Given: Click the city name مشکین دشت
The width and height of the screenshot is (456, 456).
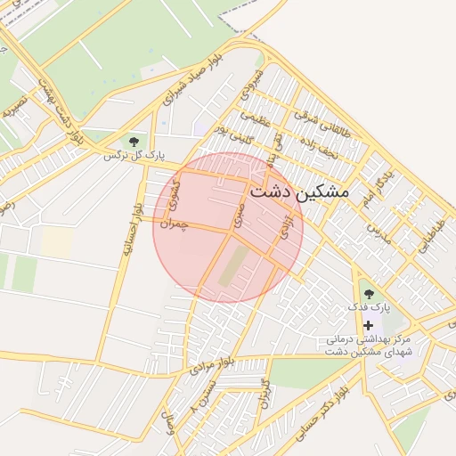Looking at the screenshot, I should pyautogui.click(x=300, y=191).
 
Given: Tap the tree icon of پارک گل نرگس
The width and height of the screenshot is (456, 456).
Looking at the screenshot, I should pyautogui.click(x=134, y=141).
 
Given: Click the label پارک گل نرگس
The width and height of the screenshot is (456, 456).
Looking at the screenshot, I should pyautogui.click(x=134, y=156).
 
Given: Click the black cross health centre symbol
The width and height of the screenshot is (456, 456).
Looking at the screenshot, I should pyautogui.click(x=367, y=325).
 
